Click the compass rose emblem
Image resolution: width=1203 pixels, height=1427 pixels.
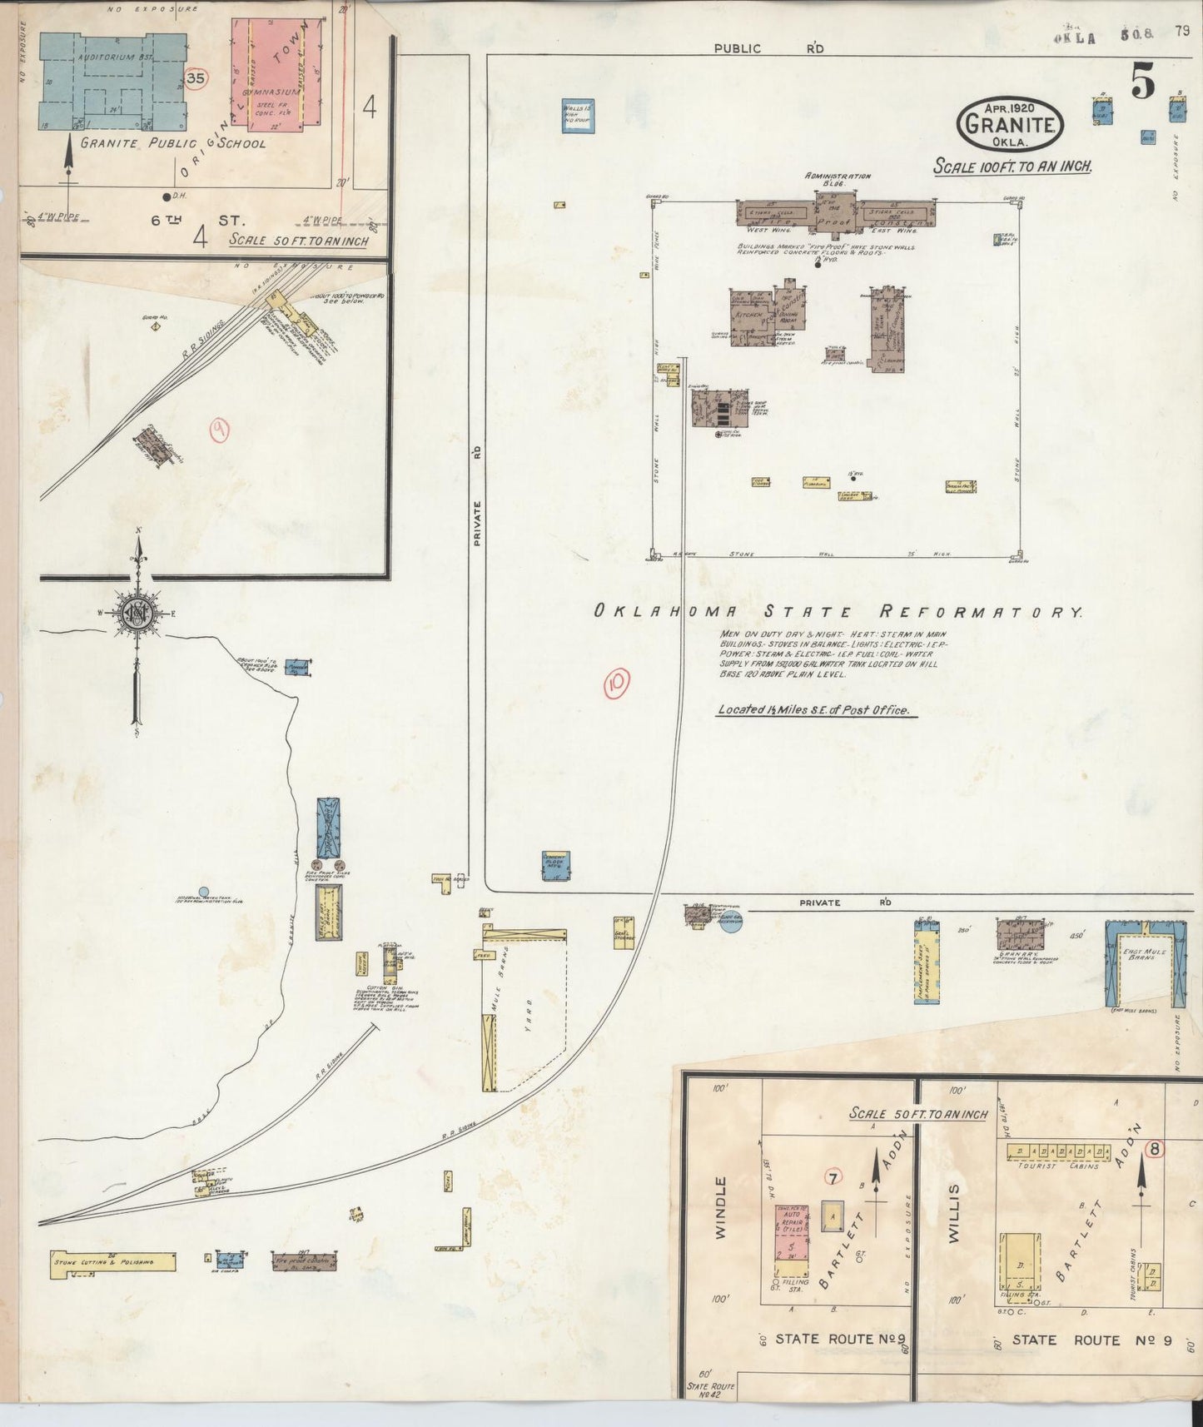[135, 614]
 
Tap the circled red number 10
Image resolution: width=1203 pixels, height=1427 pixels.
[617, 683]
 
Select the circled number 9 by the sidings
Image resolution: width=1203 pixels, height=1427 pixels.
[220, 430]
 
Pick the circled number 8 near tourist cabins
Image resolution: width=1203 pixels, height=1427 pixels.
[1155, 1148]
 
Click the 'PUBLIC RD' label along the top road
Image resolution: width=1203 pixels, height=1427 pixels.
[768, 48]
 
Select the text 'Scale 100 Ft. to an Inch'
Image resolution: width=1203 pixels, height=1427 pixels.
[1012, 166]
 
